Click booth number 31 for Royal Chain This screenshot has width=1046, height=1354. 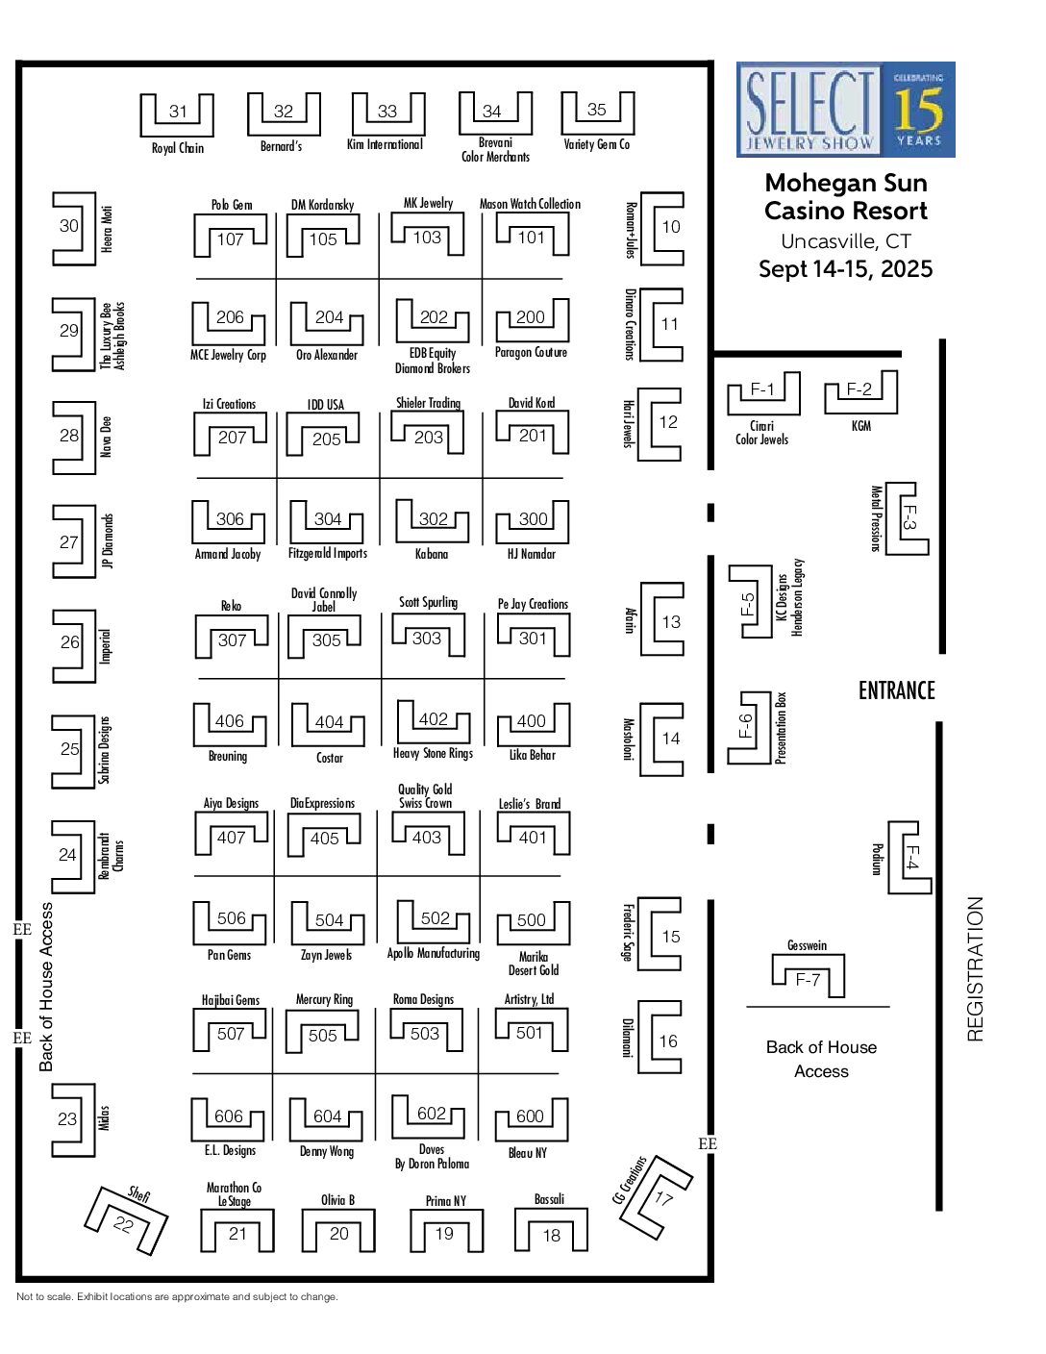point(178,112)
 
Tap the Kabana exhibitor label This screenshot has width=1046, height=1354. point(431,554)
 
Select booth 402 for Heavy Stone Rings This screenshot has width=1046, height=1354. point(433,719)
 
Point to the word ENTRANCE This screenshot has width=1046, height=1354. point(896,690)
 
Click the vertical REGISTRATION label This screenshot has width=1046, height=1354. point(975,969)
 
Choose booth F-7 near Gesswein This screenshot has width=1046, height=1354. point(808,980)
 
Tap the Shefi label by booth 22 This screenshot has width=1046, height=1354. point(138,1194)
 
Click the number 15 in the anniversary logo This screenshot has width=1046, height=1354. point(918,110)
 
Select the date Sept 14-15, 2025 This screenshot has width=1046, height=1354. point(845,268)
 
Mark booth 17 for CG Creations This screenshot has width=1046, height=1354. point(663,1197)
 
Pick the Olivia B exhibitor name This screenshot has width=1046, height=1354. point(337,1200)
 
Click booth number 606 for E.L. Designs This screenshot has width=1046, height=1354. point(229,1116)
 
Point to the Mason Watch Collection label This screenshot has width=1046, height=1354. point(530,204)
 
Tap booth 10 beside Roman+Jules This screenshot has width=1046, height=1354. point(671,227)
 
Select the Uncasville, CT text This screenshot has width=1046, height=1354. point(845,241)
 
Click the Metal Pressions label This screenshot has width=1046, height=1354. point(876,518)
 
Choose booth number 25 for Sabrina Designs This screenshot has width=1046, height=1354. point(70,748)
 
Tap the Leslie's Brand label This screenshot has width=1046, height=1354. point(530,804)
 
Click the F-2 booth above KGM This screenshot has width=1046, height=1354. point(859,389)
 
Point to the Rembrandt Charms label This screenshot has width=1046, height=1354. point(112,856)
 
